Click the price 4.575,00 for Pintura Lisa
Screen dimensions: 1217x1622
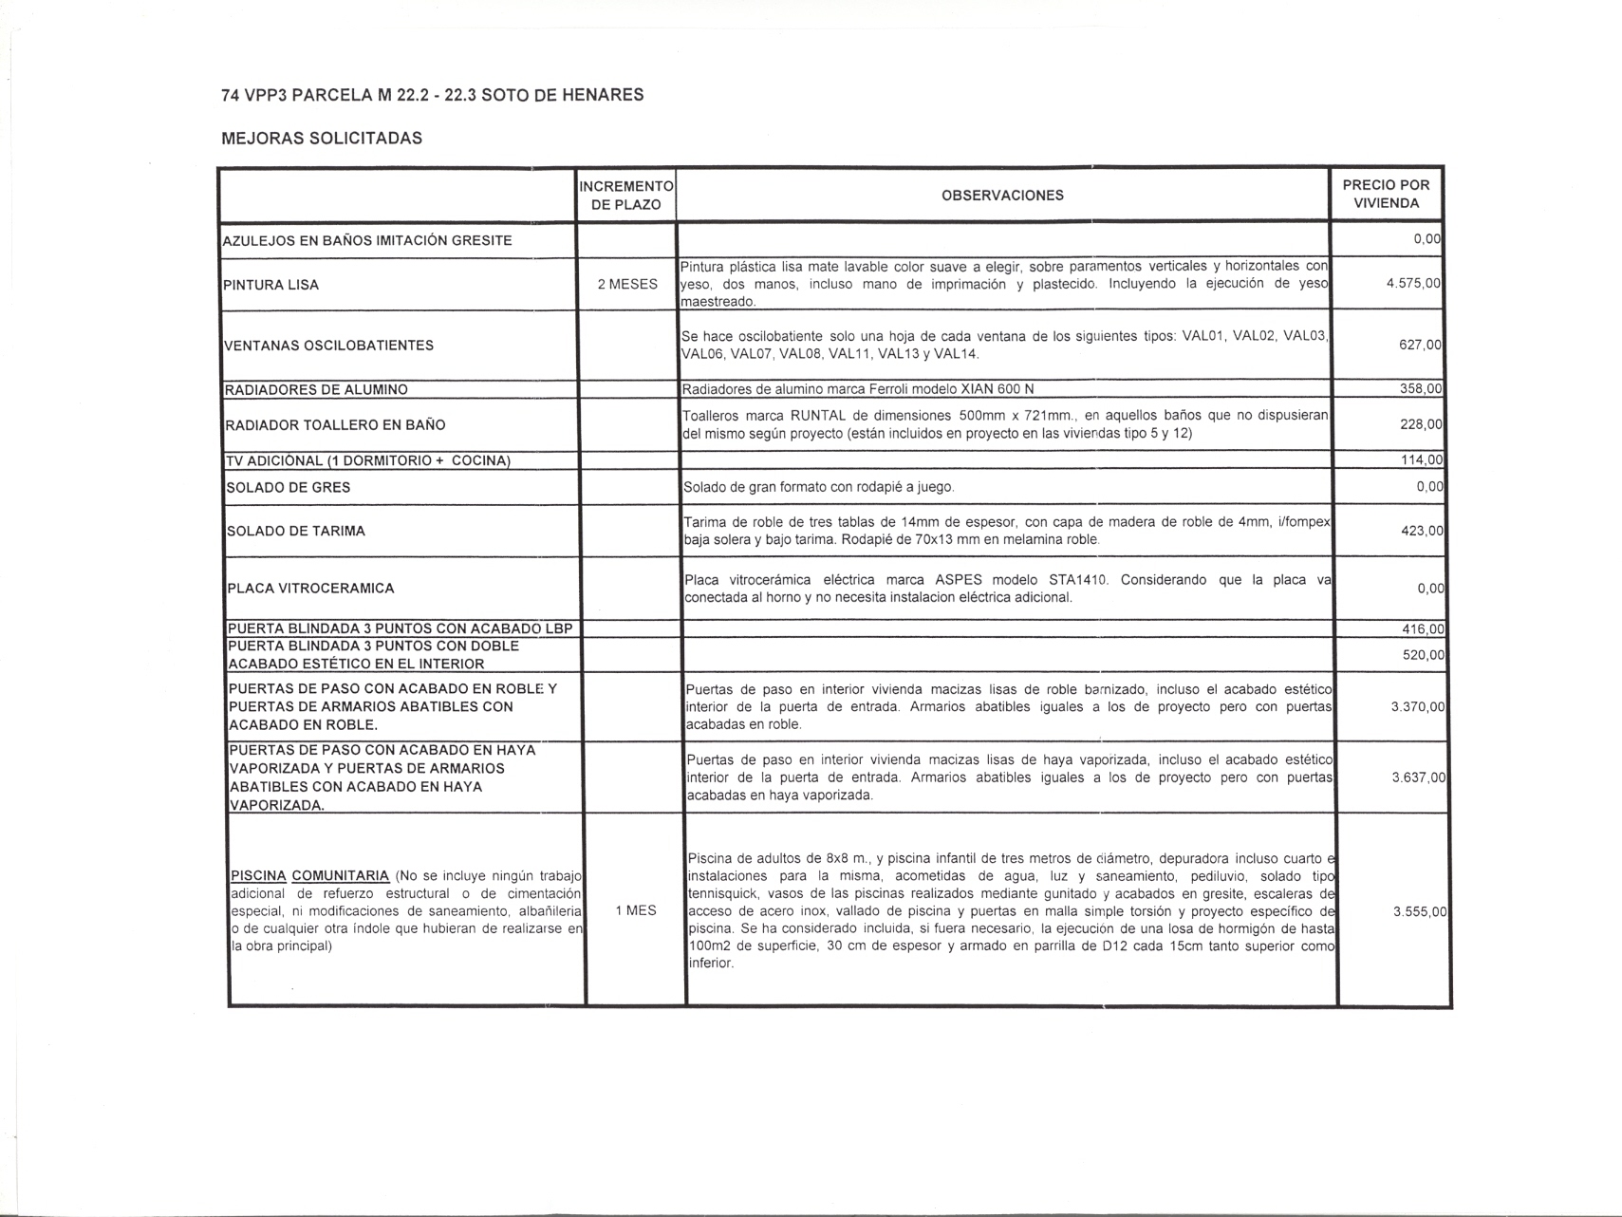point(1413,284)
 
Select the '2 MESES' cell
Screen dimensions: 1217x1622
point(627,284)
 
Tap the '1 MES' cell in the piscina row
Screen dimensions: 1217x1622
point(636,910)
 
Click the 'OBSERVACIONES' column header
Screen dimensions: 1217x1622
point(1002,196)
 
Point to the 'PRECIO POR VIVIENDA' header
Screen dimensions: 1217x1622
point(1386,194)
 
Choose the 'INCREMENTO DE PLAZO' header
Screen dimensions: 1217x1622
point(626,196)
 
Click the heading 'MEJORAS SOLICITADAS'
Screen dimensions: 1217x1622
point(322,139)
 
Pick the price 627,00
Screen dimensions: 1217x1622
point(1420,345)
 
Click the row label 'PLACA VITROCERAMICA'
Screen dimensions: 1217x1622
point(310,589)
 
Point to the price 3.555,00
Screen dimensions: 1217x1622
point(1419,911)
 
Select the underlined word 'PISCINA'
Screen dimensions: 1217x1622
point(258,876)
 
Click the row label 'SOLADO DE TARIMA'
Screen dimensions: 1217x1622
point(296,532)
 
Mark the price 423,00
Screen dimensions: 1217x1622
point(1422,531)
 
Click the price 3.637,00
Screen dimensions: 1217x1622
point(1418,777)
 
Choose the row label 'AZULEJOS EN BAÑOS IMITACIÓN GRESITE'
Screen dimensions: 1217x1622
point(367,241)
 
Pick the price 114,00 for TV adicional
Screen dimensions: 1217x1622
point(1422,460)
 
